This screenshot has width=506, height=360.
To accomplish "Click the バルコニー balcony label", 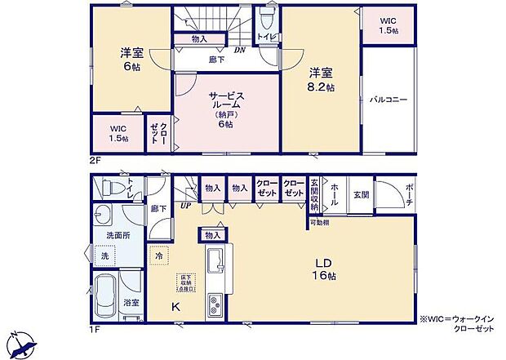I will tap(388, 100).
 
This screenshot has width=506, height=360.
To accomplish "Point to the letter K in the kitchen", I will tap(175, 306).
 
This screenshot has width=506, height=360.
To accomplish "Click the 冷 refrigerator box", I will tap(158, 255).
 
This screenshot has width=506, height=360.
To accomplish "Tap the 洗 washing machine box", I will tap(104, 256).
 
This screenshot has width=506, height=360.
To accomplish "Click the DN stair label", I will tap(239, 50).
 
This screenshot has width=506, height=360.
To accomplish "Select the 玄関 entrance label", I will tap(361, 196).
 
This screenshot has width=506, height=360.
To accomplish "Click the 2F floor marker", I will tap(95, 161).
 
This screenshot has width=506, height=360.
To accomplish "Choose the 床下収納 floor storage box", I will tap(187, 282).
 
